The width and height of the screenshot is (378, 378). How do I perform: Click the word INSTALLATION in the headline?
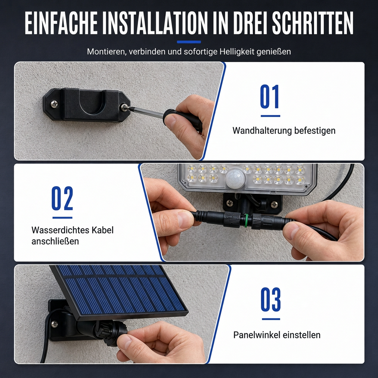[155, 23]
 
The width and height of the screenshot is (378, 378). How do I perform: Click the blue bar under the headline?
[189, 42]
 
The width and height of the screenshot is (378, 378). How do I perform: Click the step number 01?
[270, 96]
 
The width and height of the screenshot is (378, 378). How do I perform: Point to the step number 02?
[62, 198]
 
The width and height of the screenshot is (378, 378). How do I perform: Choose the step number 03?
[271, 299]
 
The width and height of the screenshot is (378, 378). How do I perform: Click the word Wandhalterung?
[262, 130]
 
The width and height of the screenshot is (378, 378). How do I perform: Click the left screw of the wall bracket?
[54, 104]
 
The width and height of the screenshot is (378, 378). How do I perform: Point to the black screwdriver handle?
[183, 120]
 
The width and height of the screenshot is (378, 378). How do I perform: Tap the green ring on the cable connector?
[245, 220]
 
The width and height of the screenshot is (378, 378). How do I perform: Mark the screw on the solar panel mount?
[55, 324]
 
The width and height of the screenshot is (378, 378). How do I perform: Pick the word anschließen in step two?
[55, 241]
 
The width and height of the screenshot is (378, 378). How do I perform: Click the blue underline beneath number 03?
[271, 319]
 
